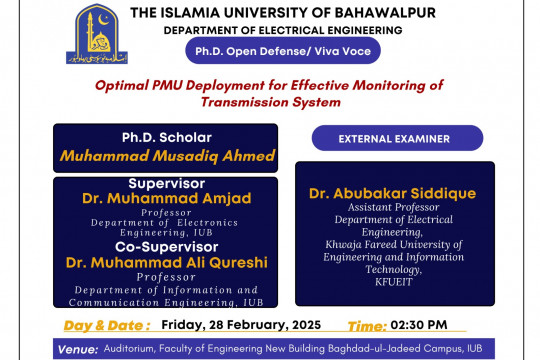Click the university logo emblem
tap(96, 35)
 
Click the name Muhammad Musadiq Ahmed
tap(166, 156)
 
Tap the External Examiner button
tap(397, 138)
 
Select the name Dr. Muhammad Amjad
tap(166, 198)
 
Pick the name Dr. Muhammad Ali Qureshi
tap(166, 263)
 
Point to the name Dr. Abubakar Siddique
tap(392, 193)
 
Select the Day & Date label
tap(107, 325)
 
